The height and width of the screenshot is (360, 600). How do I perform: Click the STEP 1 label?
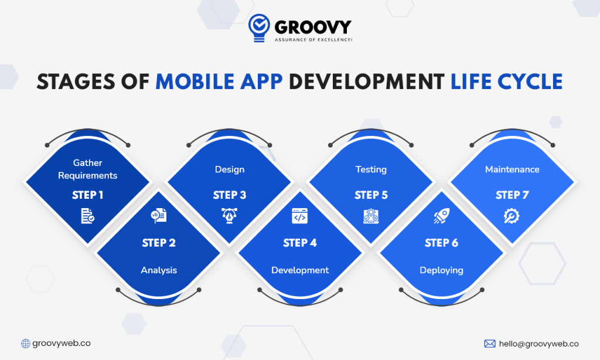tap(88, 195)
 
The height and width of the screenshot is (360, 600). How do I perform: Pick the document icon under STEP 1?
tap(88, 216)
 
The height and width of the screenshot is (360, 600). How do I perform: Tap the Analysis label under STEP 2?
tap(159, 270)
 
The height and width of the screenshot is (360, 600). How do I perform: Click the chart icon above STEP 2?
tap(159, 216)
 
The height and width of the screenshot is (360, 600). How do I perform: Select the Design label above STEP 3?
tap(230, 169)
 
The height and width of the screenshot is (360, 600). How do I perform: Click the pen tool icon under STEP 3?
tap(230, 216)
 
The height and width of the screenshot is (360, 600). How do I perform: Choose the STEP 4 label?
tap(300, 243)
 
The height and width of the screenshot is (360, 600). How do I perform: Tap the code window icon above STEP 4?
tap(300, 216)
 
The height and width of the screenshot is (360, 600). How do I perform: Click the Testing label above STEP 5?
tap(371, 169)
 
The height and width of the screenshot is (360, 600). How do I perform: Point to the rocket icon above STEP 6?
tap(441, 216)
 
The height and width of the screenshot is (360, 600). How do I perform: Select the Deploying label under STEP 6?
tap(441, 270)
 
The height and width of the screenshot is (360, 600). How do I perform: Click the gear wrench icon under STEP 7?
tap(512, 216)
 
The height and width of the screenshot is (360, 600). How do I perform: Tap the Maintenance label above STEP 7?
tap(512, 169)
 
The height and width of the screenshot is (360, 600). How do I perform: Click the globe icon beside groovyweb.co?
tap(26, 344)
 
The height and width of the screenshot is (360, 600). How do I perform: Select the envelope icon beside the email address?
tap(490, 344)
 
